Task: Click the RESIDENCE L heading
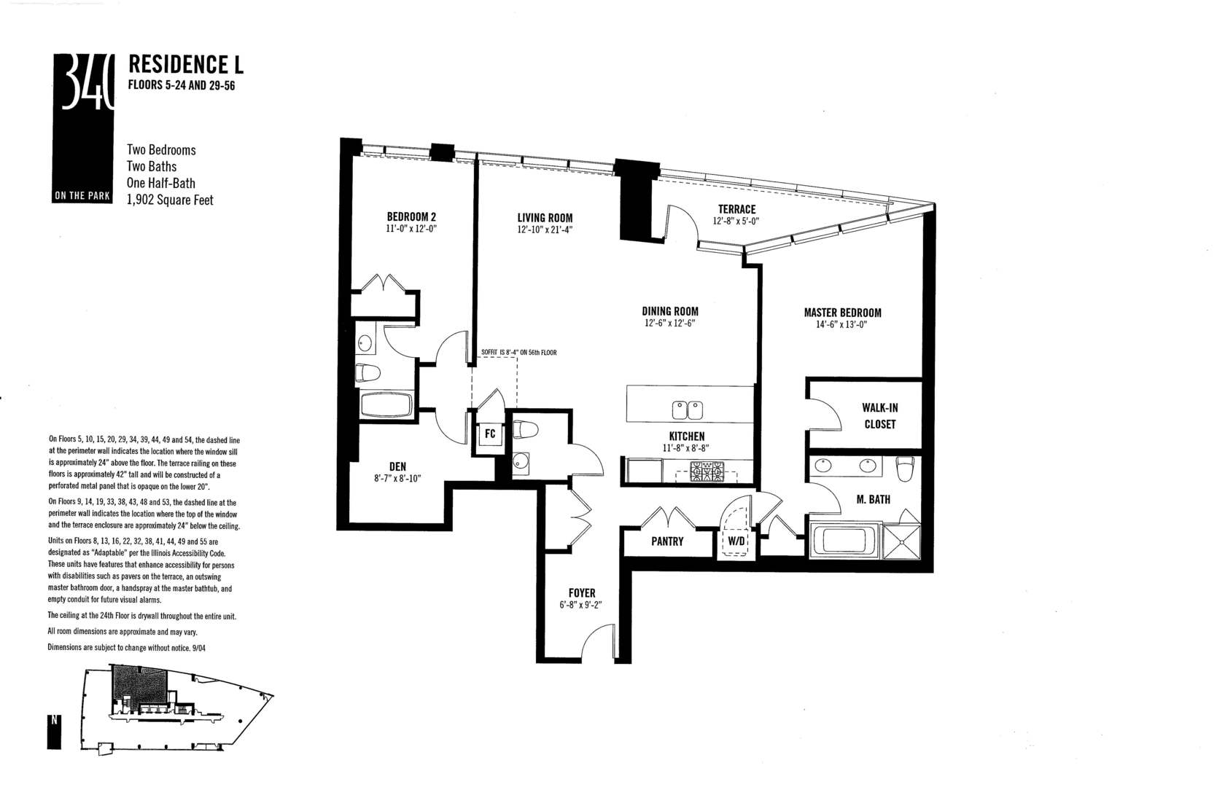coord(185,64)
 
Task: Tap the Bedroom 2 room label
coord(411,216)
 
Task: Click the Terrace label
coord(736,209)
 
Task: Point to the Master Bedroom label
coord(842,313)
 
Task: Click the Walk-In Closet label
coord(879,416)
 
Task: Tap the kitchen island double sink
coord(687,411)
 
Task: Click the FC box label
coord(490,434)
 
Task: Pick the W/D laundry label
coord(735,541)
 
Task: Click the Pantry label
coord(667,541)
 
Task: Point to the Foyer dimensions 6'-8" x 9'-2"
coord(581,605)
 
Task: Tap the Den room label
coord(397,466)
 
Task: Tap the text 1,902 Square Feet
coord(170,200)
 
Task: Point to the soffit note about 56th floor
coord(518,353)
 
